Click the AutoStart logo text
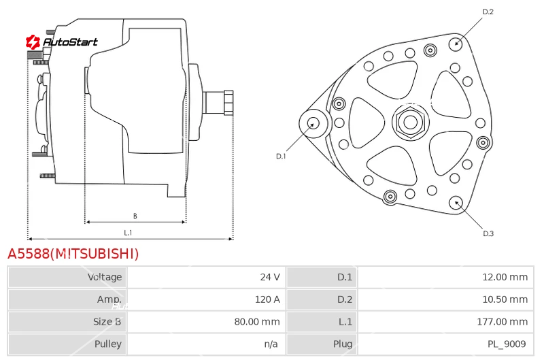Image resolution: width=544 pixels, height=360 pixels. pos(70,42)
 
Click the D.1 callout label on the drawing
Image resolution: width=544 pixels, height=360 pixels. pos(281,157)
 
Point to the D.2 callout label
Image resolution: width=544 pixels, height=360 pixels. pos(488,12)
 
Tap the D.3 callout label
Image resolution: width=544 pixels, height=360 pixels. pos(488,233)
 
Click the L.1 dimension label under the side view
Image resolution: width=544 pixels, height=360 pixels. pos(128,233)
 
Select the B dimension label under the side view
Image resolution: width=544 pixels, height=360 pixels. pos(135,216)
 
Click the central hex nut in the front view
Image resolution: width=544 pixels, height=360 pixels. pos(411,122)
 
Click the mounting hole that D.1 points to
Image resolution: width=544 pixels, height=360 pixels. pos(313,123)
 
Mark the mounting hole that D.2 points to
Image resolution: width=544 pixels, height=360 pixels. pos(456,44)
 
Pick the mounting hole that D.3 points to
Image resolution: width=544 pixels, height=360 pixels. pos(456,203)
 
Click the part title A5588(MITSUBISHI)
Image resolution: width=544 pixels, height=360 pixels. pos(73,254)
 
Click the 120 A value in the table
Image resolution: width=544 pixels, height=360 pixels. pos(267,299)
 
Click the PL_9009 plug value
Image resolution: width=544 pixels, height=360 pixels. pos(507,344)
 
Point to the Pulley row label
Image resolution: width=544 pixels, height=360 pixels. pos(108,344)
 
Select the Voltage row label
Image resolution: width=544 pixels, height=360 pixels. pos(105,277)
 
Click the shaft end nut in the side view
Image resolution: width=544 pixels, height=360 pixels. pos(228,102)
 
